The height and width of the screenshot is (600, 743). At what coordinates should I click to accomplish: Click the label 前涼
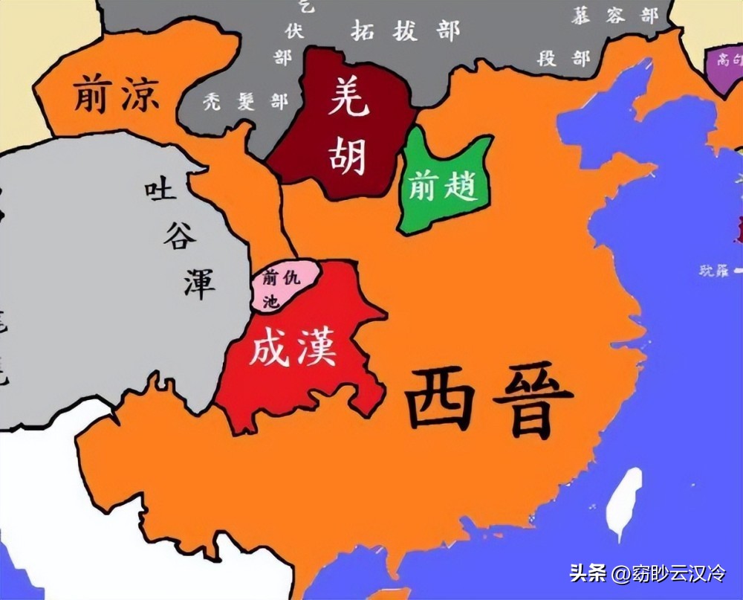(x=116, y=95)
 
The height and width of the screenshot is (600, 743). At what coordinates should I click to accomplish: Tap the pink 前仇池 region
(x=283, y=286)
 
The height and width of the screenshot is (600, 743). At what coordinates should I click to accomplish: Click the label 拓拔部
(x=406, y=30)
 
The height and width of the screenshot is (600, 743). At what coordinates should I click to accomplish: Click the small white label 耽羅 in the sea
(x=714, y=271)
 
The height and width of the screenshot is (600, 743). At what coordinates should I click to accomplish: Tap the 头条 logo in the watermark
(x=588, y=572)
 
